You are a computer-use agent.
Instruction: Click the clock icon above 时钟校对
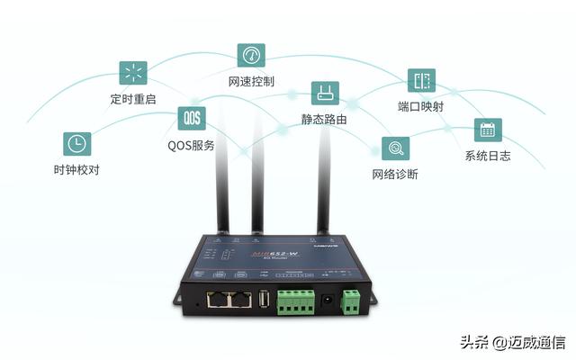point(77,144)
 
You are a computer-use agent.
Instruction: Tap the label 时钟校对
point(76,169)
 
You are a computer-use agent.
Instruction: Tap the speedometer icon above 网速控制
point(251,55)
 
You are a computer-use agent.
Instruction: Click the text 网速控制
point(251,81)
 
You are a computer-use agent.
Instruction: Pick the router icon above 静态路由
point(324,94)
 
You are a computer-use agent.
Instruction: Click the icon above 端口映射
point(420,81)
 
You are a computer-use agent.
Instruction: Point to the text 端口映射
point(420,107)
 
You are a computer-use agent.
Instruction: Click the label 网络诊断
point(395,174)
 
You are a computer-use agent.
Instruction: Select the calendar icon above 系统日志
point(488,130)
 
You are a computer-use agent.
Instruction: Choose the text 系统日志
point(488,156)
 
